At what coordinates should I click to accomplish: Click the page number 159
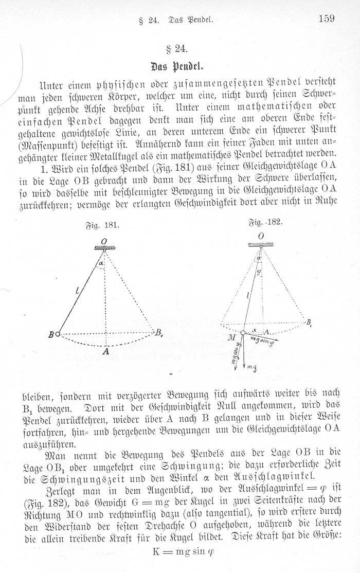327,19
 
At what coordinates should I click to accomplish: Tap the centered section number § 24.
179,50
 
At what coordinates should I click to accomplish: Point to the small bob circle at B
58,334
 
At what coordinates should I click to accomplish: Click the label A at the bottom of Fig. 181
105,352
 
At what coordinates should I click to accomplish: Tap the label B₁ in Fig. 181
158,332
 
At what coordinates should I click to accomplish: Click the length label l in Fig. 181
77,293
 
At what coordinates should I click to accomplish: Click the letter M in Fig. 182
232,337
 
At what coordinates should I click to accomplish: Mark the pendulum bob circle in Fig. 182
243,333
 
